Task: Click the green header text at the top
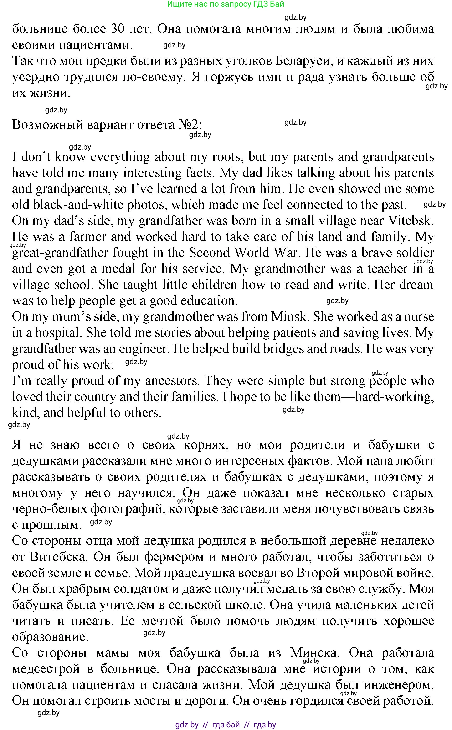pos(226,4)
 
